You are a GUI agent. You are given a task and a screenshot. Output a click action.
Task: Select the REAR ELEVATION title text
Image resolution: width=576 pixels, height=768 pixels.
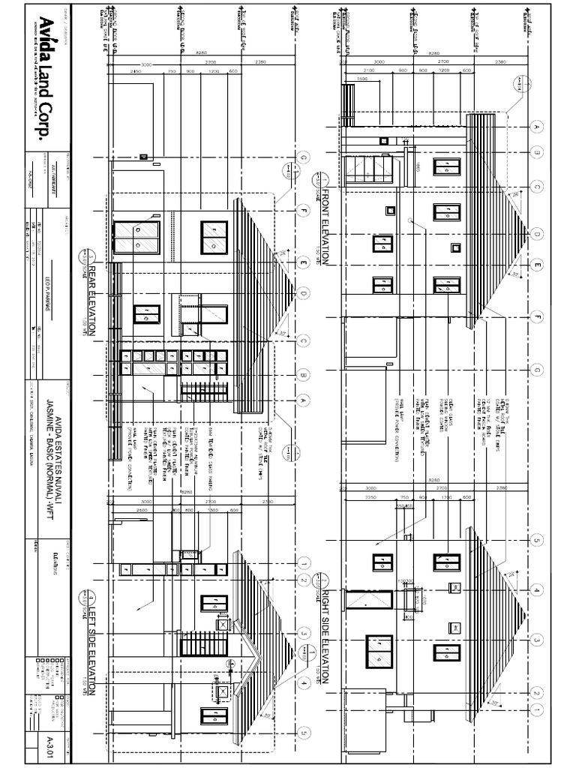pos(94,298)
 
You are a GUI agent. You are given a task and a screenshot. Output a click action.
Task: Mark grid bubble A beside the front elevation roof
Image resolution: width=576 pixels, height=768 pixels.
pos(536,127)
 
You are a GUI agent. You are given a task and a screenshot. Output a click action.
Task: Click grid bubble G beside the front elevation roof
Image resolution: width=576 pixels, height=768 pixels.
pos(536,369)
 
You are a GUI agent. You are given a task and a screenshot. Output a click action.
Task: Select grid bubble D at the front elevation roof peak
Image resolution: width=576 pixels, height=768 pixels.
pos(536,235)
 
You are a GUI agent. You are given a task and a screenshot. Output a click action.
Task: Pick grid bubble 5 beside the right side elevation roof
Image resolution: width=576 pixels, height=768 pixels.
pos(537,560)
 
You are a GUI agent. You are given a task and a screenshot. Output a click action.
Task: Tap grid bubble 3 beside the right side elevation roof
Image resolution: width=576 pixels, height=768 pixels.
pos(537,640)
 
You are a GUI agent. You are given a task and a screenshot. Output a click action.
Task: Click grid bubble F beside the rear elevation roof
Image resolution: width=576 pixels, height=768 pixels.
pos(304,211)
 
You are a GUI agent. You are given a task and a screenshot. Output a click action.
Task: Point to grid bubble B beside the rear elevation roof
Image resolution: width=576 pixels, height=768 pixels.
pos(304,373)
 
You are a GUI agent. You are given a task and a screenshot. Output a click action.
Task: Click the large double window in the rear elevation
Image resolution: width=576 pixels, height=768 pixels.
pos(136,238)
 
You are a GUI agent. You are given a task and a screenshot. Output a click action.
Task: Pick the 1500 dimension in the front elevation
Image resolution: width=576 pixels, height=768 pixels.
pos(362,79)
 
